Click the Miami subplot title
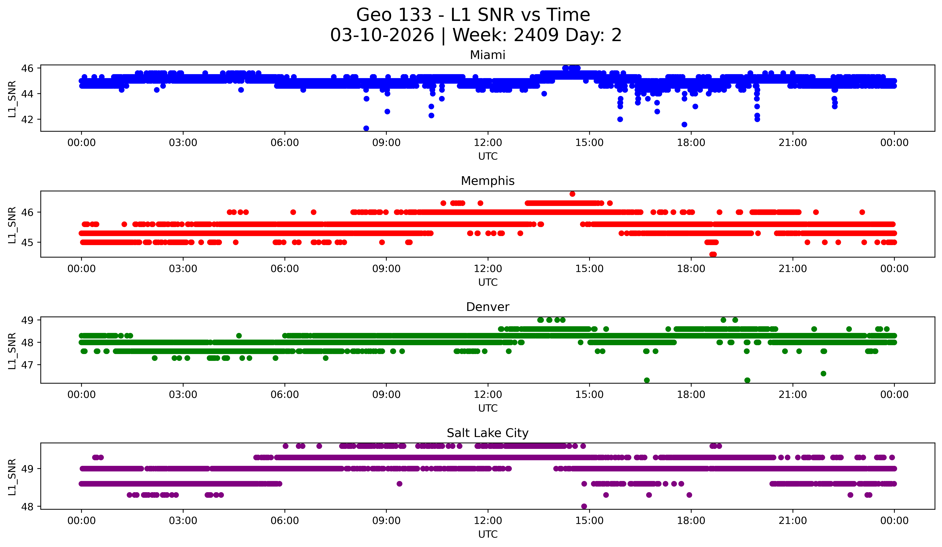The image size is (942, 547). coord(487,55)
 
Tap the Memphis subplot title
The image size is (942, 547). coord(487,181)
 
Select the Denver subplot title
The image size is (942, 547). coord(487,307)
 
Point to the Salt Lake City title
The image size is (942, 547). coord(487,433)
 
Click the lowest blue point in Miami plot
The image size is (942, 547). coord(366,128)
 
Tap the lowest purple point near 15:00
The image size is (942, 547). coord(584,506)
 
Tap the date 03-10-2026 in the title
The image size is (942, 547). coord(382,35)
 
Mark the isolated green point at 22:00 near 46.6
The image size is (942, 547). coord(823,374)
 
